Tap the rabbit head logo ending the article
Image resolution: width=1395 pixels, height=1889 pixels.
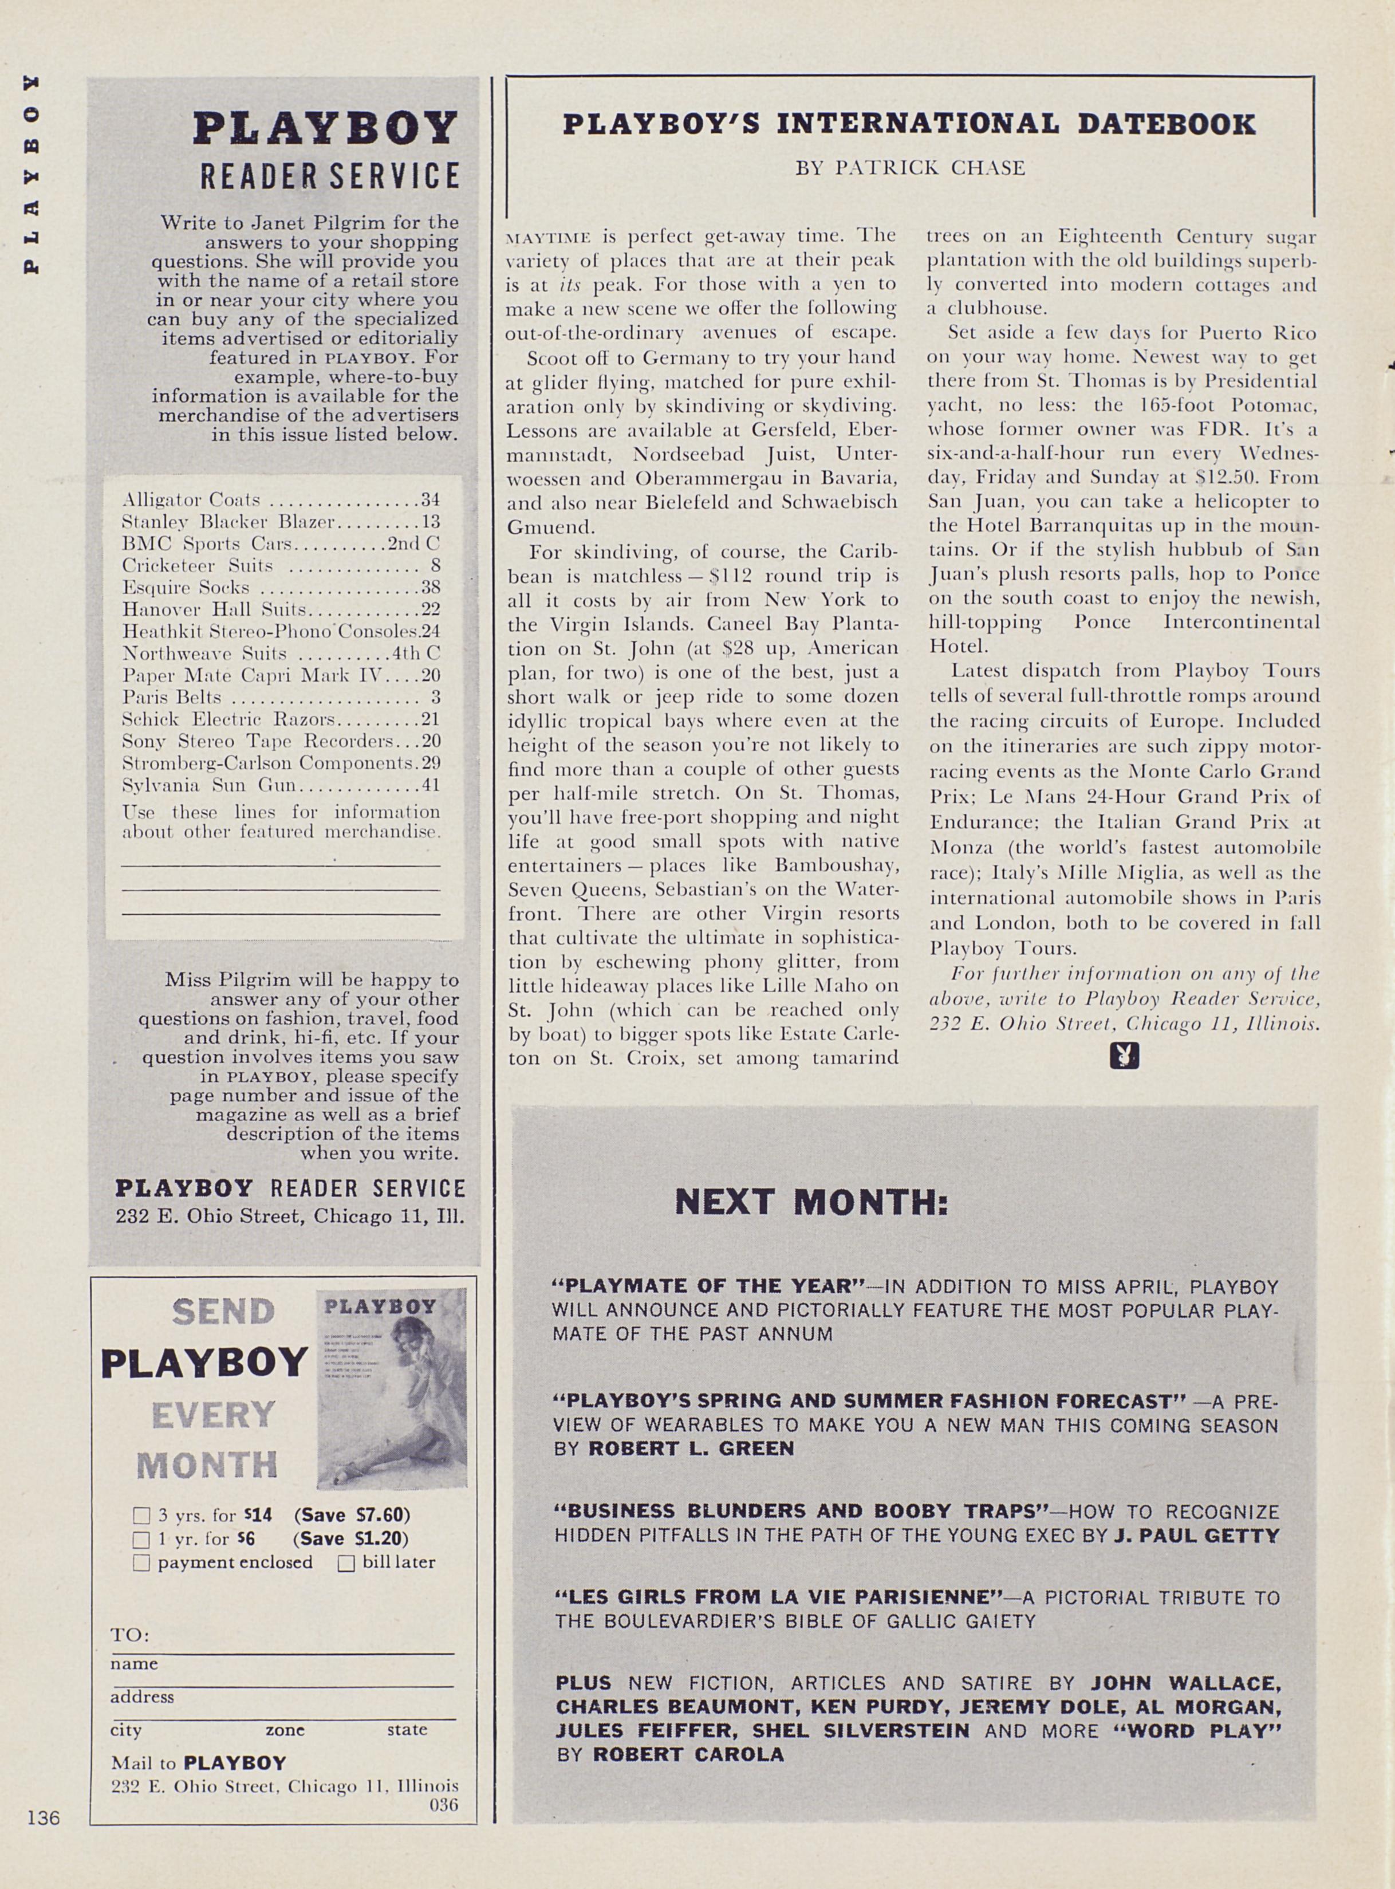(x=1124, y=1056)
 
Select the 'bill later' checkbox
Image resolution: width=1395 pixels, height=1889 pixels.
(x=346, y=1563)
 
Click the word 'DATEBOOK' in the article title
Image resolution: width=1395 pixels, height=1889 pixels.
(x=1167, y=124)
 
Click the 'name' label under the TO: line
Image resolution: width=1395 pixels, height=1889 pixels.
(x=133, y=1663)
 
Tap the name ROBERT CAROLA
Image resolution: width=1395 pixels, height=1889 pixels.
(x=687, y=1754)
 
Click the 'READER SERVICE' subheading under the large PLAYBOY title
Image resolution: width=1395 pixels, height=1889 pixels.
(x=329, y=176)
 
